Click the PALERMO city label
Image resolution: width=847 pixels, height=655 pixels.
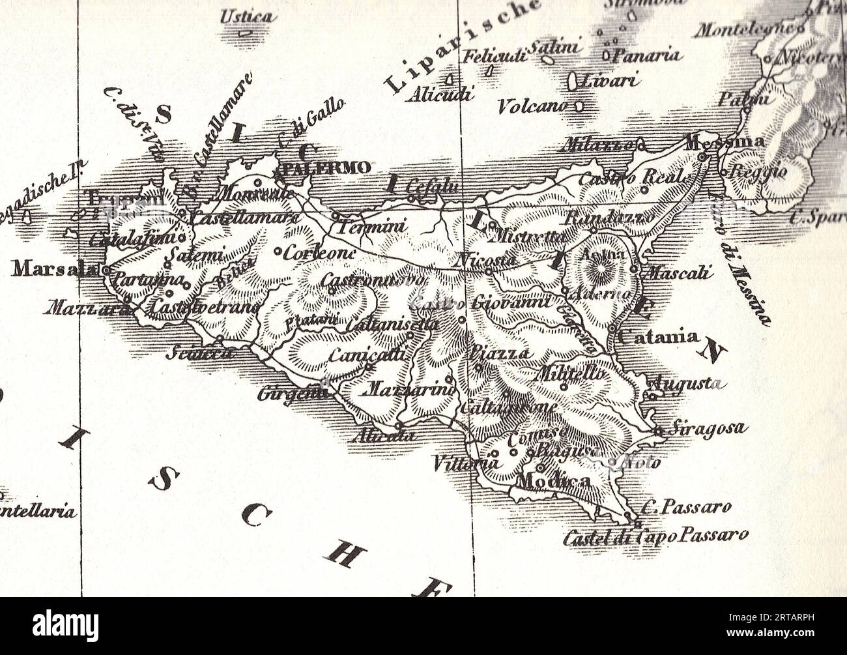[328, 167]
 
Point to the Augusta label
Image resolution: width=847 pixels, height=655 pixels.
[687, 383]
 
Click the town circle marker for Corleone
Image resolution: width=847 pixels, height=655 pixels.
[278, 251]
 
